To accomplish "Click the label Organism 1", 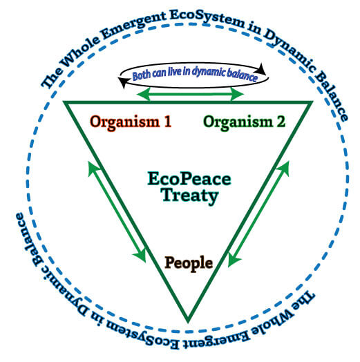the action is click(x=131, y=122).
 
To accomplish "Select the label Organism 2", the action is click(x=244, y=122).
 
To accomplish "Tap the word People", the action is click(x=189, y=263).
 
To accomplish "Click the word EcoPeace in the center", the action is click(x=189, y=179).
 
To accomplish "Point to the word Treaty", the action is click(x=189, y=196).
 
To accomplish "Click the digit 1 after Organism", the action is click(x=168, y=121).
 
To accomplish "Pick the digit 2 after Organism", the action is click(x=281, y=121).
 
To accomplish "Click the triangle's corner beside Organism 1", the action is click(x=64, y=102).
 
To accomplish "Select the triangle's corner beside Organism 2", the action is click(x=312, y=102).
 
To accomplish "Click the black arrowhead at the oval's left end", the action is click(x=124, y=82).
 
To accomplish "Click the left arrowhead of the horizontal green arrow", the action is click(x=143, y=94).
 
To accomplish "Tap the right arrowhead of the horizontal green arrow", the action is click(x=237, y=94).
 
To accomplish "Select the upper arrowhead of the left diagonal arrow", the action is click(x=93, y=168).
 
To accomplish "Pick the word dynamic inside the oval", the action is click(x=209, y=72).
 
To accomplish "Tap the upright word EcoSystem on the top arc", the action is click(x=207, y=18).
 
